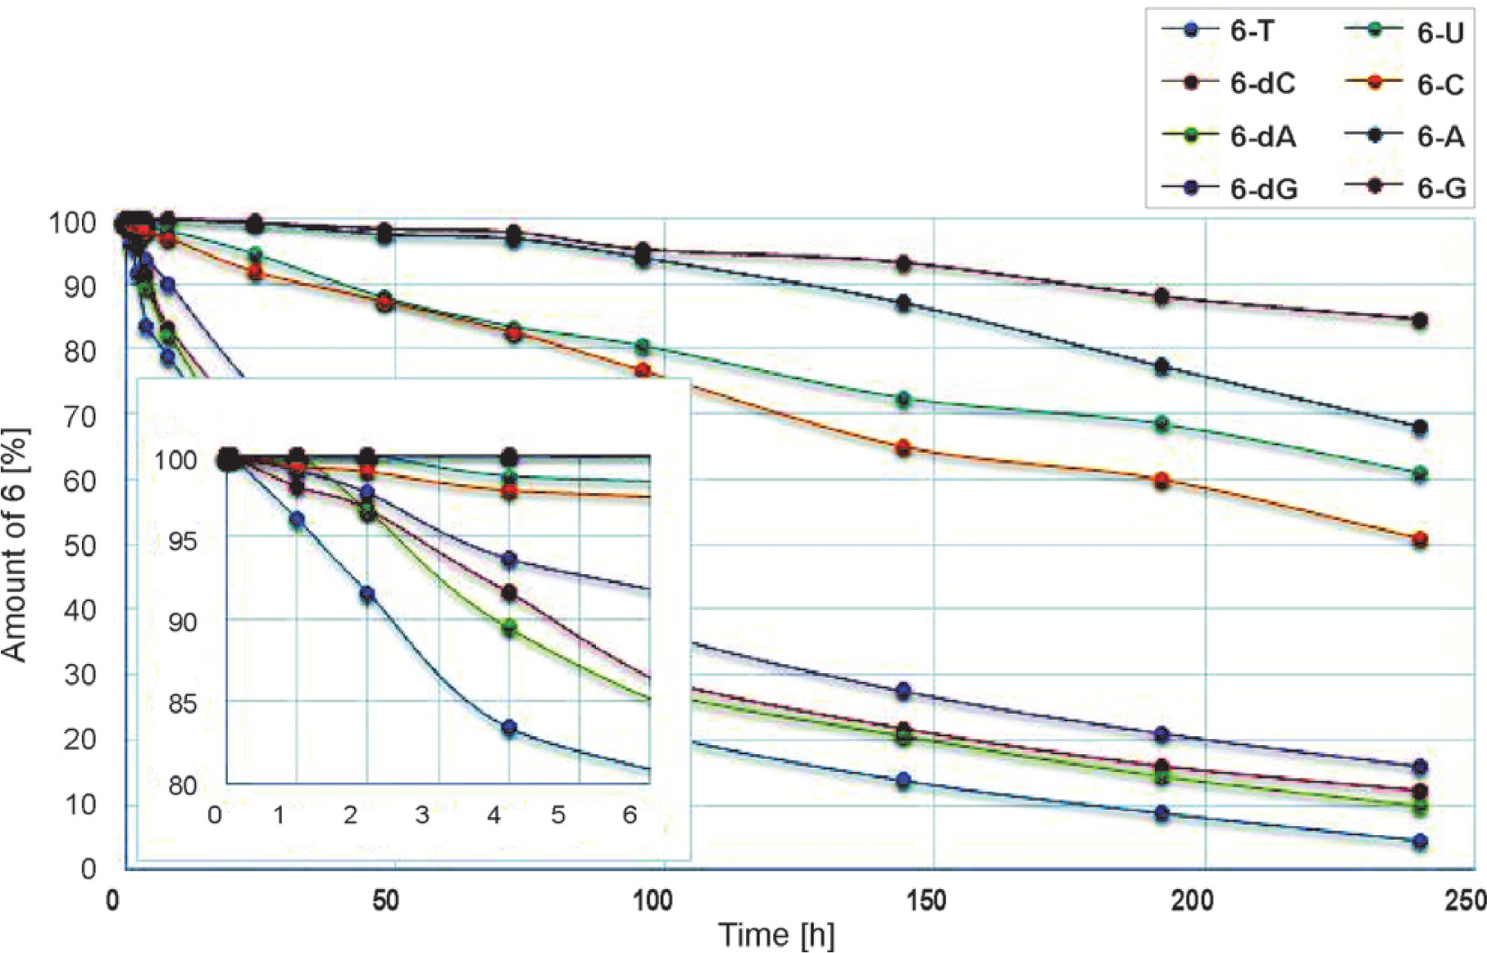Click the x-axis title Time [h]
[x=776, y=934]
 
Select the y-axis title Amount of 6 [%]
[x=15, y=544]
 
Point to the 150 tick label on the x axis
[x=927, y=900]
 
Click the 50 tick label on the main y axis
[x=80, y=545]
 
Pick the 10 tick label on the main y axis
[x=80, y=805]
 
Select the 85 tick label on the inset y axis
[x=182, y=703]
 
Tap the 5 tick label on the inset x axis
[x=558, y=815]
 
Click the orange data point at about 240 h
[x=1420, y=540]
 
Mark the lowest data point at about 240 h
[x=1420, y=842]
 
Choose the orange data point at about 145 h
[x=904, y=448]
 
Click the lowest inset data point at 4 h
[x=509, y=728]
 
